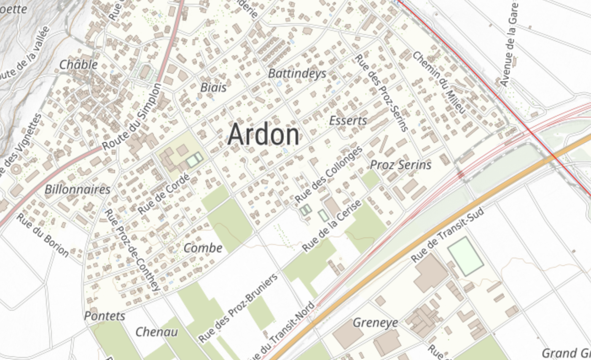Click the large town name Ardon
pos(263,134)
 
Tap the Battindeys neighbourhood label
pos(297,73)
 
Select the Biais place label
pos(213,87)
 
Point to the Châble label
pos(78,64)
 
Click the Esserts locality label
pos(348,121)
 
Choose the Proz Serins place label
pos(400,165)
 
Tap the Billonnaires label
pos(78,189)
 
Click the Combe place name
pos(203,248)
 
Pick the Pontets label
pos(105,316)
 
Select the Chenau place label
pos(156,332)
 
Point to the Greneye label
pos(375,323)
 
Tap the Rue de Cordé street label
pos(164,193)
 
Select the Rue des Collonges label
pos(329,174)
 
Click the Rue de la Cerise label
pos(332,226)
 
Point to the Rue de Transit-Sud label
pos(448,234)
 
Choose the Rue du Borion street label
pos(43,235)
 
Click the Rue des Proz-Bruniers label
pos(238,308)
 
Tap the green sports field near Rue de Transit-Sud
pos(465,256)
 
